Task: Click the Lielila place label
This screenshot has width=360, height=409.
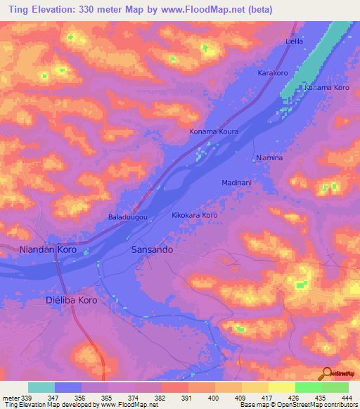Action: tap(294, 41)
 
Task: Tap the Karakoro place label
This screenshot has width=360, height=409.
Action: tap(274, 73)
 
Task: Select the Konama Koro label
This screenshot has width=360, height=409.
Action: tap(326, 88)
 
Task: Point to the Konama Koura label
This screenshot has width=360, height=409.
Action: tap(214, 131)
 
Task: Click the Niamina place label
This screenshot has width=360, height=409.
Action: tap(269, 158)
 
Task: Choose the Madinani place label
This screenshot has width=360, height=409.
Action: tap(237, 183)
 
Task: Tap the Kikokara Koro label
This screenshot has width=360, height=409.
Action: tap(195, 215)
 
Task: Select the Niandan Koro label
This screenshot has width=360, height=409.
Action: tap(49, 249)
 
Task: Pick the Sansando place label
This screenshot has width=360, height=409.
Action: tap(153, 249)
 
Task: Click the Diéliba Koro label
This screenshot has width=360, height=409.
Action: tap(71, 299)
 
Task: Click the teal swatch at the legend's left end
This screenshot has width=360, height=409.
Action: tap(41, 387)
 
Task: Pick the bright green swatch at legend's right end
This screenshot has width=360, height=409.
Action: tap(335, 387)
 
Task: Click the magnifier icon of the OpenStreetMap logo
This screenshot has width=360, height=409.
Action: tap(326, 373)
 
